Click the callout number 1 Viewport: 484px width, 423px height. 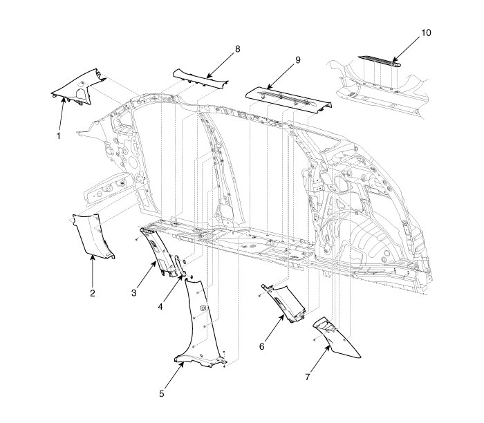[x=58, y=135]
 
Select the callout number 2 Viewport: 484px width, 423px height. [x=93, y=293]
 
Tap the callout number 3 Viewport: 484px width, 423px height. [x=133, y=292]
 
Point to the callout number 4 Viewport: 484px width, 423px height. [x=160, y=307]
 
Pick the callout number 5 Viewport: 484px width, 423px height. [x=162, y=394]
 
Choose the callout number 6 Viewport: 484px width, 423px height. [x=262, y=346]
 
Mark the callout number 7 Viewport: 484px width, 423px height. [x=308, y=377]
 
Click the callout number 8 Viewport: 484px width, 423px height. [x=237, y=49]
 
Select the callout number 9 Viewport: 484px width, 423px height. [x=297, y=60]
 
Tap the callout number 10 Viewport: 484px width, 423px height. [x=426, y=32]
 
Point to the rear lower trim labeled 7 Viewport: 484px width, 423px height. [x=337, y=339]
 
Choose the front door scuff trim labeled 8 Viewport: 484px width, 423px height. [x=200, y=79]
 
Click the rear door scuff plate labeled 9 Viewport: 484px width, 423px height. [x=288, y=98]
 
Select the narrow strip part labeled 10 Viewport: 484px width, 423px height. [x=380, y=61]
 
